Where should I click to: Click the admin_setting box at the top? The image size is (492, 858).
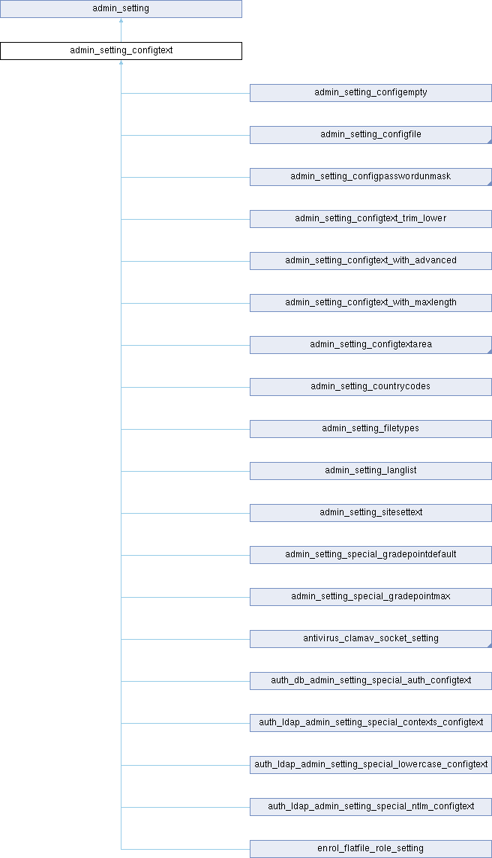(121, 9)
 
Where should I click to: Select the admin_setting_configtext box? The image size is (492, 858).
(121, 51)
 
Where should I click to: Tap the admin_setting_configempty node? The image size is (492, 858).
(370, 93)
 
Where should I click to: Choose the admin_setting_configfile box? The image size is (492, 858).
(370, 135)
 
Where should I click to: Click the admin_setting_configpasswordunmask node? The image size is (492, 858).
(370, 177)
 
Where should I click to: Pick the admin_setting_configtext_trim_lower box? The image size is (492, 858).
(370, 219)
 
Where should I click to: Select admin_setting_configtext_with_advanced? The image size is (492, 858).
(370, 261)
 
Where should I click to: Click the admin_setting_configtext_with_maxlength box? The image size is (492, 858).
(370, 303)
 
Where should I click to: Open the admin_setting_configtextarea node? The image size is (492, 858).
(370, 345)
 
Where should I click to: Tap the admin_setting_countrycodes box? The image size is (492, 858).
(370, 387)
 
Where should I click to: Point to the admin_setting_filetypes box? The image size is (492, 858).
(370, 429)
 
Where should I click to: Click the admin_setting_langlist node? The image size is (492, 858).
(370, 471)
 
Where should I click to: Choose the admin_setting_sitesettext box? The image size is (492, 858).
(370, 513)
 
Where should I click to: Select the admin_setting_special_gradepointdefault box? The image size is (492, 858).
(370, 555)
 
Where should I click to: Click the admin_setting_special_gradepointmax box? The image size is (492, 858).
(370, 597)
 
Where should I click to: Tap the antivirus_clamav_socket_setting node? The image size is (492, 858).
(370, 639)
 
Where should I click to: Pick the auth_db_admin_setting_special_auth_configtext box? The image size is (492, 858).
(370, 681)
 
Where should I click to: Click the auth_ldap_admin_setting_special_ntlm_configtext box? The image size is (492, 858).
(370, 807)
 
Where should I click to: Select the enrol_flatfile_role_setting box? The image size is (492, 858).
(370, 849)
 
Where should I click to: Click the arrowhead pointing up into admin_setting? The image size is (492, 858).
(121, 21)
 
